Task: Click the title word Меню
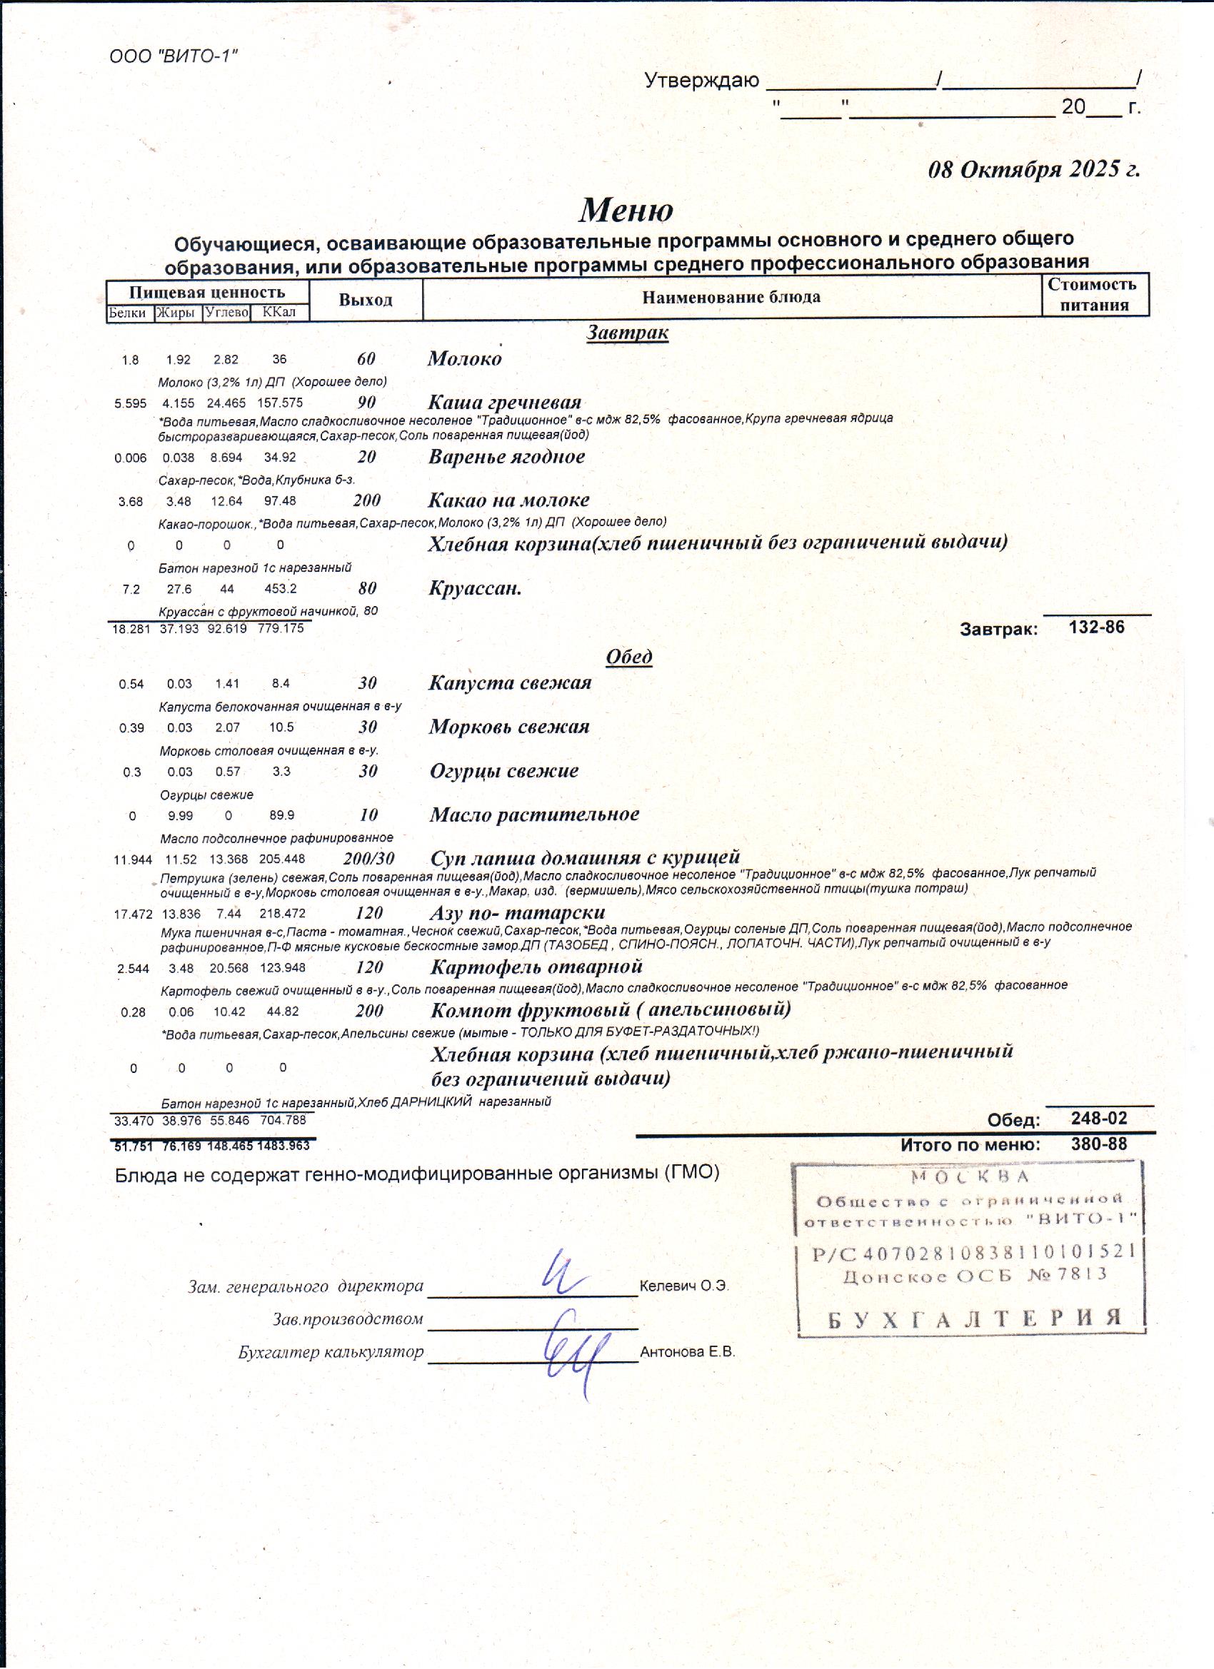[x=626, y=211]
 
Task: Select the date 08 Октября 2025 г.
[x=1033, y=169]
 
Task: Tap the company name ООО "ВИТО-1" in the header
[x=174, y=56]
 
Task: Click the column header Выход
[x=365, y=301]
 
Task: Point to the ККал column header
[x=279, y=313]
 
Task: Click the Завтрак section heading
[x=627, y=333]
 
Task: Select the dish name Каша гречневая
[x=505, y=403]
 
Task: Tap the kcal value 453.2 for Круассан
[x=281, y=589]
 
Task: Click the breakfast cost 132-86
[x=1096, y=627]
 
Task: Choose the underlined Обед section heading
[x=628, y=657]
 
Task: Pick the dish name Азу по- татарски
[x=518, y=912]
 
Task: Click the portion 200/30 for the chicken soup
[x=368, y=858]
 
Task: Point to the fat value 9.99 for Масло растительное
[x=180, y=815]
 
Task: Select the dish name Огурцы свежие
[x=504, y=771]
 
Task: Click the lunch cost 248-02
[x=1098, y=1119]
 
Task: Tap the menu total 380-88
[x=1098, y=1144]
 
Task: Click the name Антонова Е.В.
[x=688, y=1352]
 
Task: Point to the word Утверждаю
[x=701, y=80]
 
